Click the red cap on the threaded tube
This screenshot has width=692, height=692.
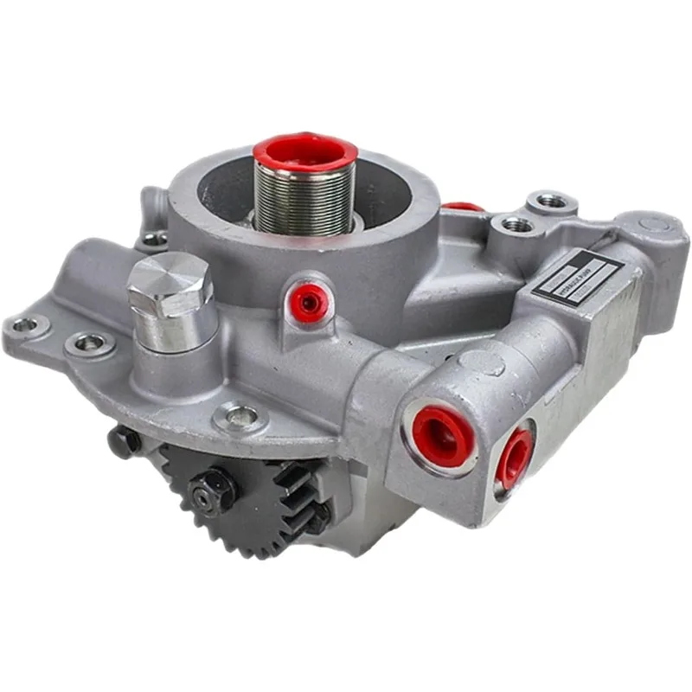click(x=304, y=150)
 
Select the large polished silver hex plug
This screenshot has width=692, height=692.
click(x=170, y=285)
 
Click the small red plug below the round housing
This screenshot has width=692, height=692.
click(x=307, y=298)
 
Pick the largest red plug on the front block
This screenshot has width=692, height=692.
click(x=442, y=434)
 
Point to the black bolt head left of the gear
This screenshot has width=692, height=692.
click(x=123, y=441)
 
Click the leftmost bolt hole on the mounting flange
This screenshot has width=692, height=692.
click(x=24, y=325)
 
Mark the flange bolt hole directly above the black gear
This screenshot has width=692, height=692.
click(x=234, y=417)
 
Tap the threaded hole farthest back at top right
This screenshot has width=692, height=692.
click(x=551, y=202)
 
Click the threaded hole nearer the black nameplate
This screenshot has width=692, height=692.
click(x=516, y=224)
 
